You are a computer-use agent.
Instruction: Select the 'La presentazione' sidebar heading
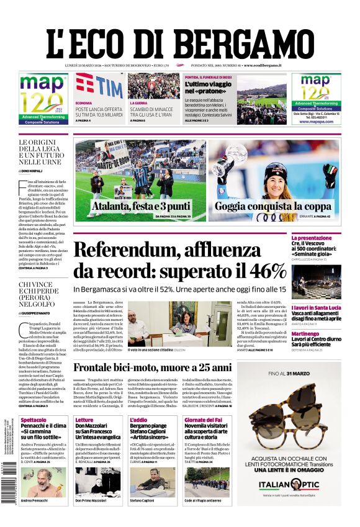tap(328, 238)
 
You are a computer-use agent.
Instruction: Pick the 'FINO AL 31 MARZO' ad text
tap(292, 373)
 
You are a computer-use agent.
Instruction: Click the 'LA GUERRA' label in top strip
tap(137, 102)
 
